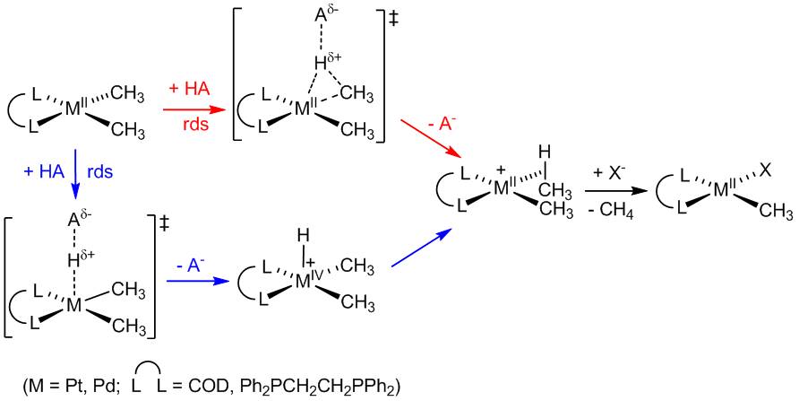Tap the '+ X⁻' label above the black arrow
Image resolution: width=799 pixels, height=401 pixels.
(616, 172)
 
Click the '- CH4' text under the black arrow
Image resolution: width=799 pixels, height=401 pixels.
(616, 209)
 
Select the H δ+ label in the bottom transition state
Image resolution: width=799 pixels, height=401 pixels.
(80, 261)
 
